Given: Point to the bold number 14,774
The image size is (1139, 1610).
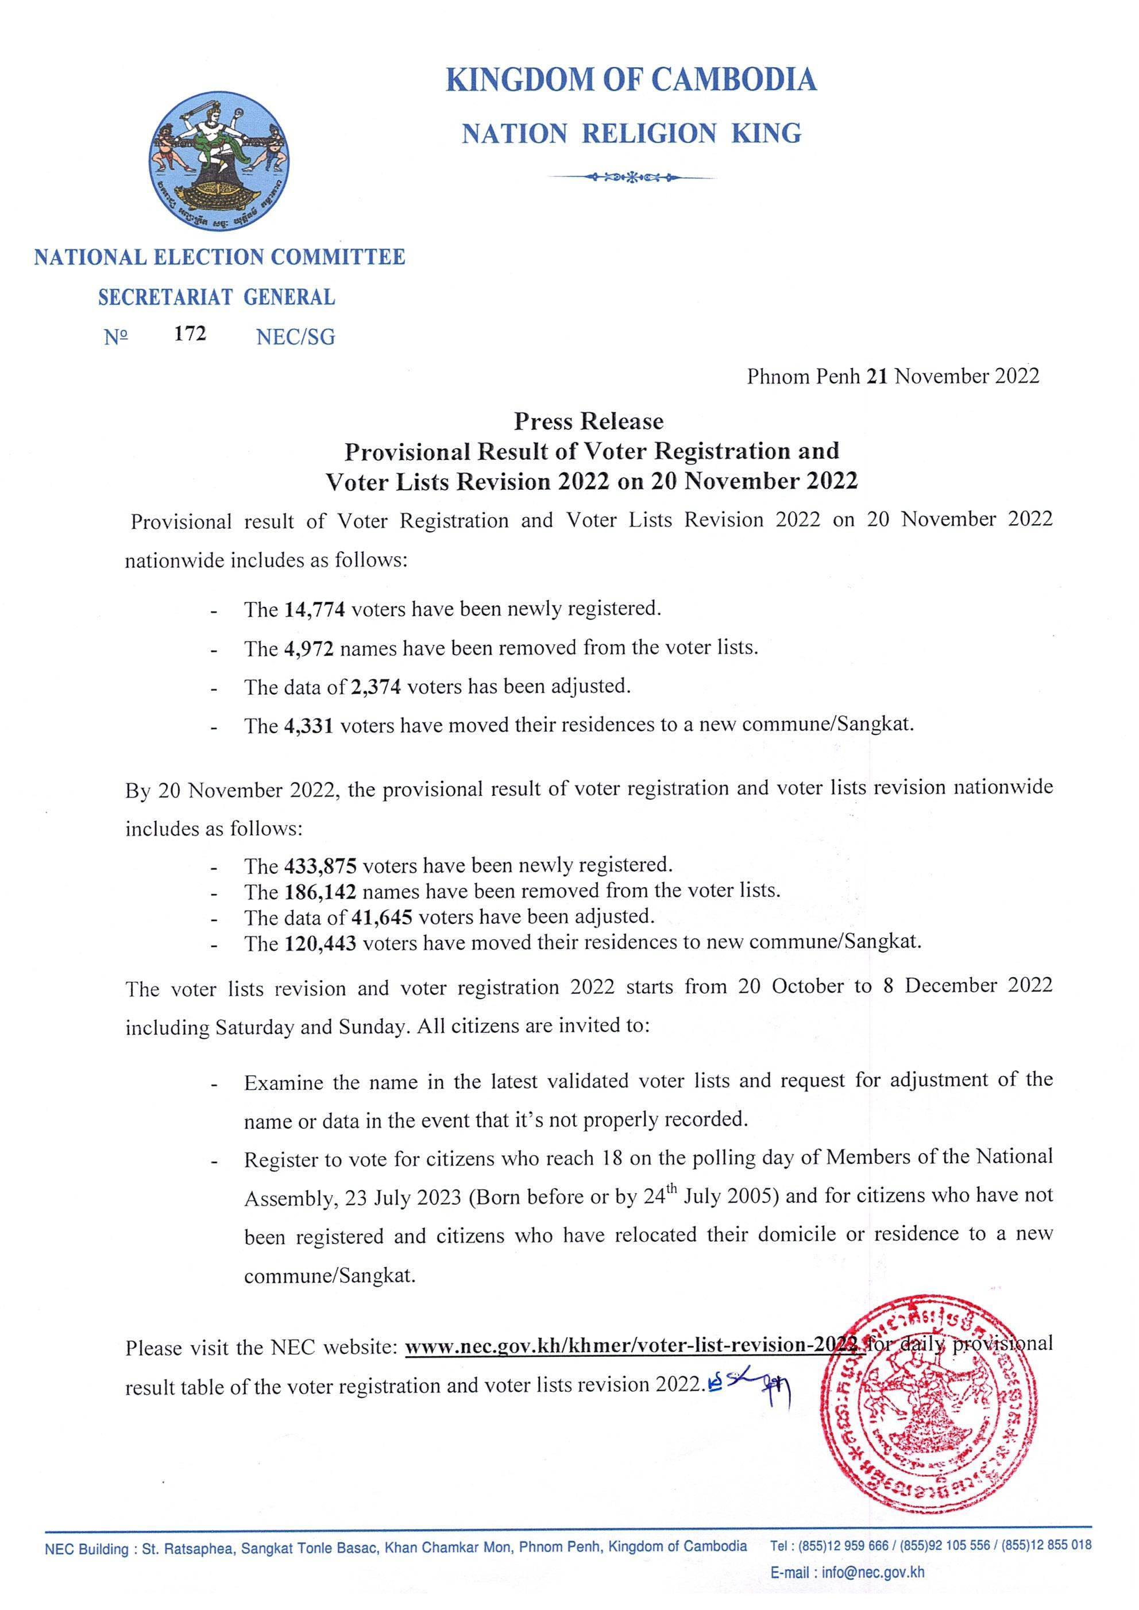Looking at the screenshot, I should [315, 609].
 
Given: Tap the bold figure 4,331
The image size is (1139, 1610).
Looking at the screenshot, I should [308, 726].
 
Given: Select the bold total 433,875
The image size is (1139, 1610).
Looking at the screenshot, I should [321, 866].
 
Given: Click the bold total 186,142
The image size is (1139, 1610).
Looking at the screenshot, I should [321, 892].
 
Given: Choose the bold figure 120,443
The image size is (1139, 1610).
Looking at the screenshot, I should [321, 944].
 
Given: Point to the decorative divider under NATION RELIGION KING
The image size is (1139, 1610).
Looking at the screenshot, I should [631, 177].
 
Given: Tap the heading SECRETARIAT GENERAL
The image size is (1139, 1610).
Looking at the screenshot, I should [217, 297].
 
